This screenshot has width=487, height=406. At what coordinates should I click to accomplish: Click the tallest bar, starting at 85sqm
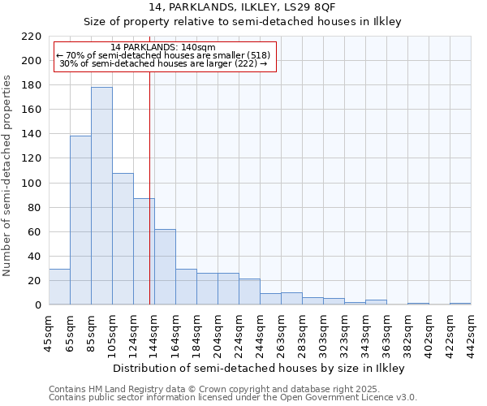(x=101, y=196)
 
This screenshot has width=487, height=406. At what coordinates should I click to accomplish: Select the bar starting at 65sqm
(x=80, y=220)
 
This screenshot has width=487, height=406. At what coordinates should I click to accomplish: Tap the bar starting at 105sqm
(x=123, y=239)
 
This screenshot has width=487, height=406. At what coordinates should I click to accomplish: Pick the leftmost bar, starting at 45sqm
(x=59, y=287)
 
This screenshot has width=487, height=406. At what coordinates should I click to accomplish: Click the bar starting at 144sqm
(x=165, y=267)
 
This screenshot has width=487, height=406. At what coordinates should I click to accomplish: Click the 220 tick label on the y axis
(x=32, y=37)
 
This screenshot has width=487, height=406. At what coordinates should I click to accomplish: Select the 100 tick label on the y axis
(x=32, y=184)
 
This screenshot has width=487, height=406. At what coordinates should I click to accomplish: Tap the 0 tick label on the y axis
(x=38, y=305)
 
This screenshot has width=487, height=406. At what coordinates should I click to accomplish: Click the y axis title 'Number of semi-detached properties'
(x=8, y=175)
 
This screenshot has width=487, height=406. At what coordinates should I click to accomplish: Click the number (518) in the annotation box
(x=258, y=55)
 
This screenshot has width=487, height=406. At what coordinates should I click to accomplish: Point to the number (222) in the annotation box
(x=245, y=63)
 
